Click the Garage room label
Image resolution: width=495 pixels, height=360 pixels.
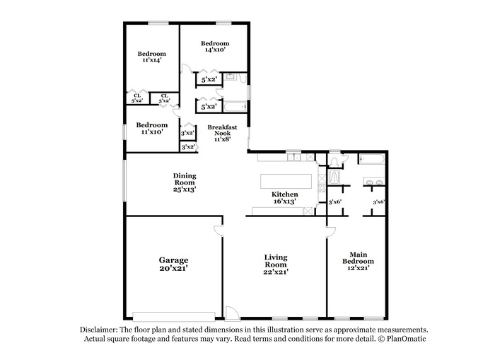[173, 260]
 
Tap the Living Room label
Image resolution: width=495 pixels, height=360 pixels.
[276, 261]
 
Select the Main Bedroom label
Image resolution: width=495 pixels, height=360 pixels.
[358, 258]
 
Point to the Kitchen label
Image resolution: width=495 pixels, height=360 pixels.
[285, 194]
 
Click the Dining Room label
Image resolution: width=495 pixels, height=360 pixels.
[185, 179]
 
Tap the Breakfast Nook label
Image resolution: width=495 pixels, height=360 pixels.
[222, 130]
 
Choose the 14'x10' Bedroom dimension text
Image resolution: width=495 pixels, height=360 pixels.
[215, 50]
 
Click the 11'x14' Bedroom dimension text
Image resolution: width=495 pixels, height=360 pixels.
[152, 59]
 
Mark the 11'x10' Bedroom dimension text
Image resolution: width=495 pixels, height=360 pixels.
[152, 132]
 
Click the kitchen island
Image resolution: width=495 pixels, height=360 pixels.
[286, 181]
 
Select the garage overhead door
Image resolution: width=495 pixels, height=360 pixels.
[174, 316]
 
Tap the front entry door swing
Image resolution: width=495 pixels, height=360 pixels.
[232, 313]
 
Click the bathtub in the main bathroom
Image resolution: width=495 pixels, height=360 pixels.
[372, 159]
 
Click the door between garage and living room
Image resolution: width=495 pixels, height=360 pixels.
[218, 230]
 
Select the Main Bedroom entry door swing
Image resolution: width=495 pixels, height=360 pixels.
[331, 232]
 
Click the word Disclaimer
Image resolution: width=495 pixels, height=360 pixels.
[98, 330]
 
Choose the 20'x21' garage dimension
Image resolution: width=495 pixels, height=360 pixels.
[174, 269]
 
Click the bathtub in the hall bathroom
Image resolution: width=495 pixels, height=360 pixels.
[235, 107]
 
